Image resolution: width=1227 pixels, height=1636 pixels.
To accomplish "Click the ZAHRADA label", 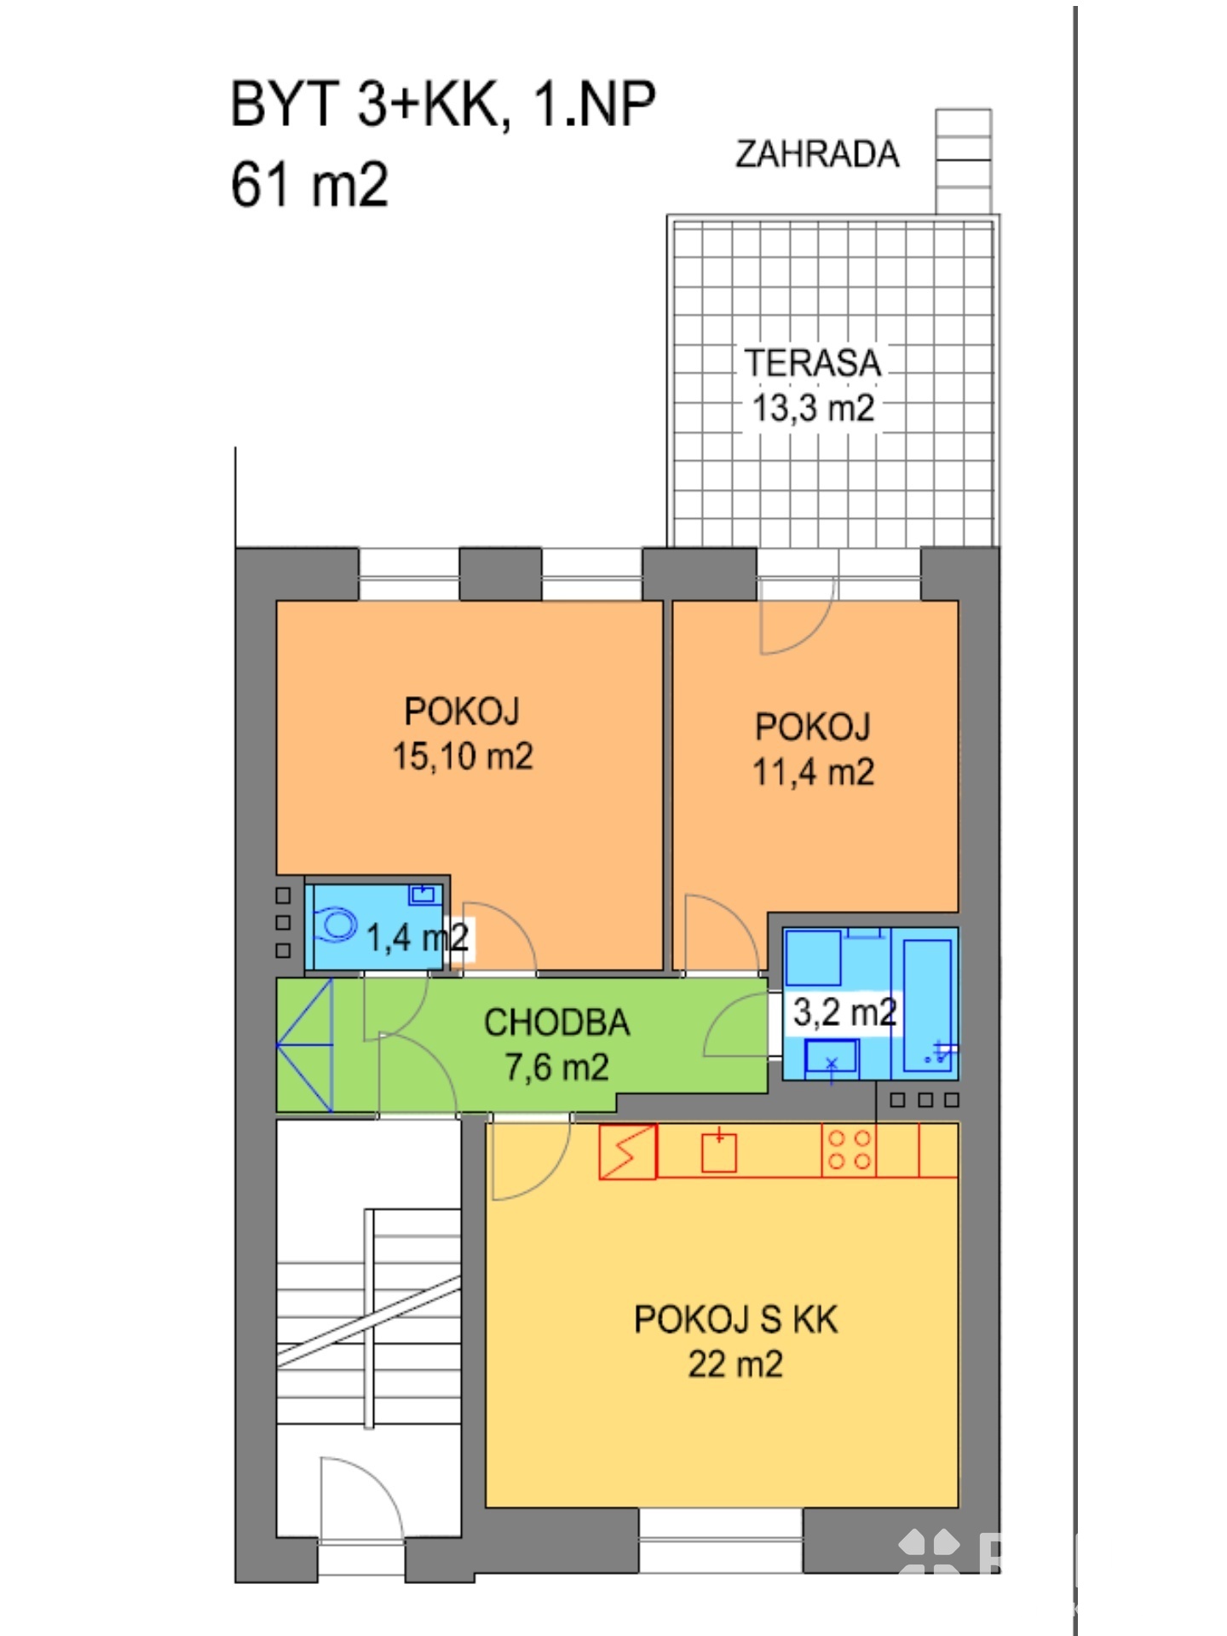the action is coord(817,154).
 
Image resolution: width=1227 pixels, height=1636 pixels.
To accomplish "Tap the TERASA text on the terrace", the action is coord(812,363).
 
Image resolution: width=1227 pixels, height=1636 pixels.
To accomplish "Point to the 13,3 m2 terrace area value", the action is coord(813,407).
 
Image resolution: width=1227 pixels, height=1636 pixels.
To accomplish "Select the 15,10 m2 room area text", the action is coord(463,756).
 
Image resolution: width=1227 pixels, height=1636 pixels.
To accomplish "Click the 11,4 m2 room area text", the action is coord(813,772).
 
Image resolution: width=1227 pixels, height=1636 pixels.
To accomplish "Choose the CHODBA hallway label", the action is coord(557,1022).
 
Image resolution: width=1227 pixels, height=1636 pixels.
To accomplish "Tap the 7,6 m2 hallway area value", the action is coord(557,1067).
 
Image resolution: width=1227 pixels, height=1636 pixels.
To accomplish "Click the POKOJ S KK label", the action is coord(736,1319).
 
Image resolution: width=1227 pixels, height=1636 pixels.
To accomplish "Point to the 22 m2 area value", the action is coord(735,1364).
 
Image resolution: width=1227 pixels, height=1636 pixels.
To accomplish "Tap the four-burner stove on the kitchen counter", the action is coord(850,1150).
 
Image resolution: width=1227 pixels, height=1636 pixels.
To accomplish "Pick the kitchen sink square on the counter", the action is coord(718,1154).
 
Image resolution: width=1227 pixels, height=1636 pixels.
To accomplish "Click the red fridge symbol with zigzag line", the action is coord(628,1152).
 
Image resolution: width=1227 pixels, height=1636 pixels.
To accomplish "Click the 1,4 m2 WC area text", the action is coord(418,937).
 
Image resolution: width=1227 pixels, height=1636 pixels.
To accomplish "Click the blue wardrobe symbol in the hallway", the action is coord(305,1044).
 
